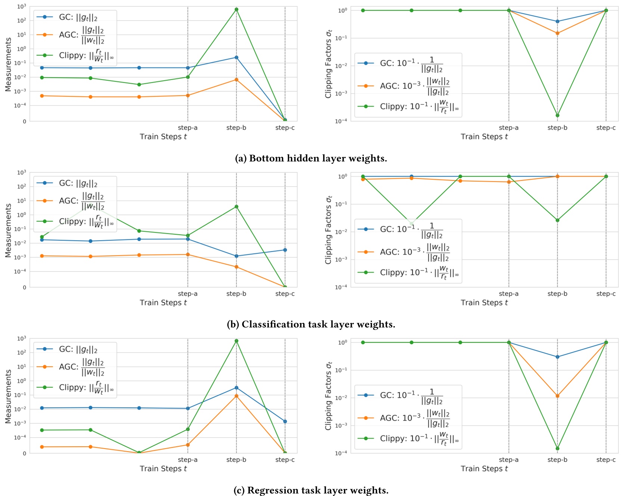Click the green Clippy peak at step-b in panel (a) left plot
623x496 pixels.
(x=236, y=9)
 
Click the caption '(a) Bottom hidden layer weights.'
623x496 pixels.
(x=311, y=158)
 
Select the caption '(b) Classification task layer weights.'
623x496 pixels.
(x=311, y=324)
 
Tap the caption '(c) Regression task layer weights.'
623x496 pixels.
(x=311, y=490)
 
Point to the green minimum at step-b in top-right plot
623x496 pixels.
(x=557, y=115)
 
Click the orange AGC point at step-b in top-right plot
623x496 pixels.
(x=557, y=33)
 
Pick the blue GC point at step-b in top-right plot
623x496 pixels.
(x=557, y=21)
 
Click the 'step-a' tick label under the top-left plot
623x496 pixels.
(x=187, y=128)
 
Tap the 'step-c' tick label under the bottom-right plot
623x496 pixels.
(x=605, y=460)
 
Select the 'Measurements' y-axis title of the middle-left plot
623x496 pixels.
(x=8, y=230)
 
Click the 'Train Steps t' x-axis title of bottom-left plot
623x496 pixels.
(x=163, y=469)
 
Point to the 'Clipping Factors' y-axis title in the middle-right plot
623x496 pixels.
(x=328, y=230)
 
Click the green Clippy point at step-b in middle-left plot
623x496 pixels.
(x=236, y=206)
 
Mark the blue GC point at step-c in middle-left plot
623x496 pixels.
(x=285, y=250)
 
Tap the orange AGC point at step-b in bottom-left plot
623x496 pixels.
(x=236, y=396)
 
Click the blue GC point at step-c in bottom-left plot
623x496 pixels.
(x=285, y=422)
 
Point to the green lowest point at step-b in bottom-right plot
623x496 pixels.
(x=557, y=448)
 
